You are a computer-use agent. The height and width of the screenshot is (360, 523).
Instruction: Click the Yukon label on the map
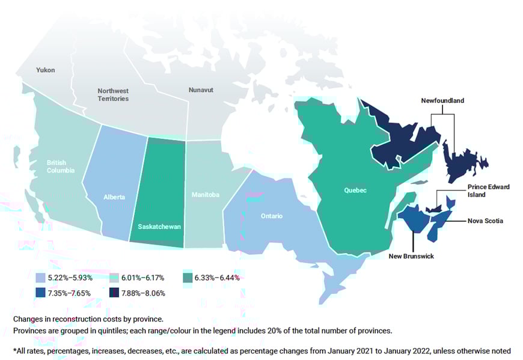(x=45, y=70)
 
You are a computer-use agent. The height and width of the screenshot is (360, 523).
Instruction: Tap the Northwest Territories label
(x=113, y=94)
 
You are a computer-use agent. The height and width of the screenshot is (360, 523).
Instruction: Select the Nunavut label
(x=201, y=90)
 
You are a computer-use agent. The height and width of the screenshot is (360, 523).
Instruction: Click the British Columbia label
(x=61, y=166)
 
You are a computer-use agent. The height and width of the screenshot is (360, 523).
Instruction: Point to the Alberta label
(x=114, y=197)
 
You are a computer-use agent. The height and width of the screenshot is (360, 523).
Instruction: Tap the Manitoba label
(x=206, y=195)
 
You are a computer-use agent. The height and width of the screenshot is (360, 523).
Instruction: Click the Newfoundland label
(x=442, y=101)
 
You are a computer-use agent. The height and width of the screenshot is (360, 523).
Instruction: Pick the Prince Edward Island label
(x=488, y=191)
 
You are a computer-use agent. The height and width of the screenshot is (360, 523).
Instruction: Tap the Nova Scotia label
(x=485, y=221)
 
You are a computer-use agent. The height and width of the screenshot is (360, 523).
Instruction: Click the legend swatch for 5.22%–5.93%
(x=40, y=278)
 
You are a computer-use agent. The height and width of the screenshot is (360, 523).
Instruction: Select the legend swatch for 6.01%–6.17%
(x=114, y=278)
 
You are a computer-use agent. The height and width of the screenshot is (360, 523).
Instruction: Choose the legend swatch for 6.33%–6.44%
(x=187, y=278)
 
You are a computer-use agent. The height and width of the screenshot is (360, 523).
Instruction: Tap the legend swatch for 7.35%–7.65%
(x=40, y=293)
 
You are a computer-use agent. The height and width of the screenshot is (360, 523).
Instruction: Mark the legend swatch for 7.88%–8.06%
(x=114, y=293)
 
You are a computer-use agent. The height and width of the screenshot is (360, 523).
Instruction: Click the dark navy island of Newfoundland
(x=463, y=160)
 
